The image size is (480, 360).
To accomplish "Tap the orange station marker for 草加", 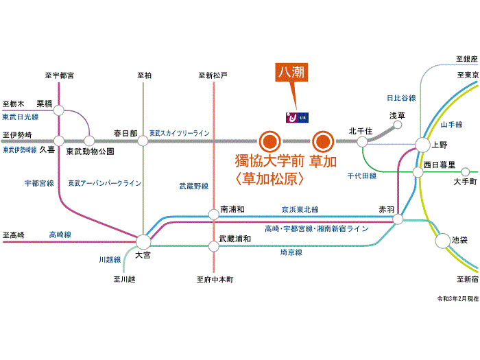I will [322, 142].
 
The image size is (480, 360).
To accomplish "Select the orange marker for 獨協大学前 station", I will [269, 142].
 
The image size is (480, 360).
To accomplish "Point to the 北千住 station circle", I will [361, 141].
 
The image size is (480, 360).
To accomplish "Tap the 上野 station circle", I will [421, 145].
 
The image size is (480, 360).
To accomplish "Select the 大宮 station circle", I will [143, 241].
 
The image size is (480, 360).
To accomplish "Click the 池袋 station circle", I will [442, 241].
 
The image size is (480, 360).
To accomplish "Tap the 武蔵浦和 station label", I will [235, 239].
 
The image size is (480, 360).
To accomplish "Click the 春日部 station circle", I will [143, 141].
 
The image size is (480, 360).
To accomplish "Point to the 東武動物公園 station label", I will [90, 152].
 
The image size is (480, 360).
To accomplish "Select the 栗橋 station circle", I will [58, 110].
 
